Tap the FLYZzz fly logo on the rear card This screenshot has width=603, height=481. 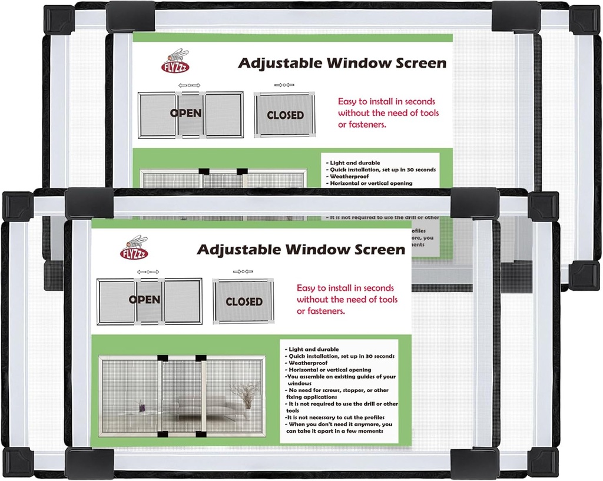tap(175, 61)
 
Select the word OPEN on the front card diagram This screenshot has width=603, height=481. tap(144, 300)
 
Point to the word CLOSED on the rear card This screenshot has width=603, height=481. tap(285, 115)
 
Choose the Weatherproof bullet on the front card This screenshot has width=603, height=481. tap(307, 363)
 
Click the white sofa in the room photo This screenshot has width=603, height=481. tap(209, 406)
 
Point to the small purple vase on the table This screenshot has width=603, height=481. tap(141, 406)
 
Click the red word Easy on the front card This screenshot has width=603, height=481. tap(307, 288)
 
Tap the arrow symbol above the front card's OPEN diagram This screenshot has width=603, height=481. tap(148, 271)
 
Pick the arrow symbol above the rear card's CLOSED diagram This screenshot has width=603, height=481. tap(284, 85)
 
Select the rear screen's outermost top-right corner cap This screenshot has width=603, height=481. tap(584, 19)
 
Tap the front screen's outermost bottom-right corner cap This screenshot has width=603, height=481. tap(544, 462)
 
